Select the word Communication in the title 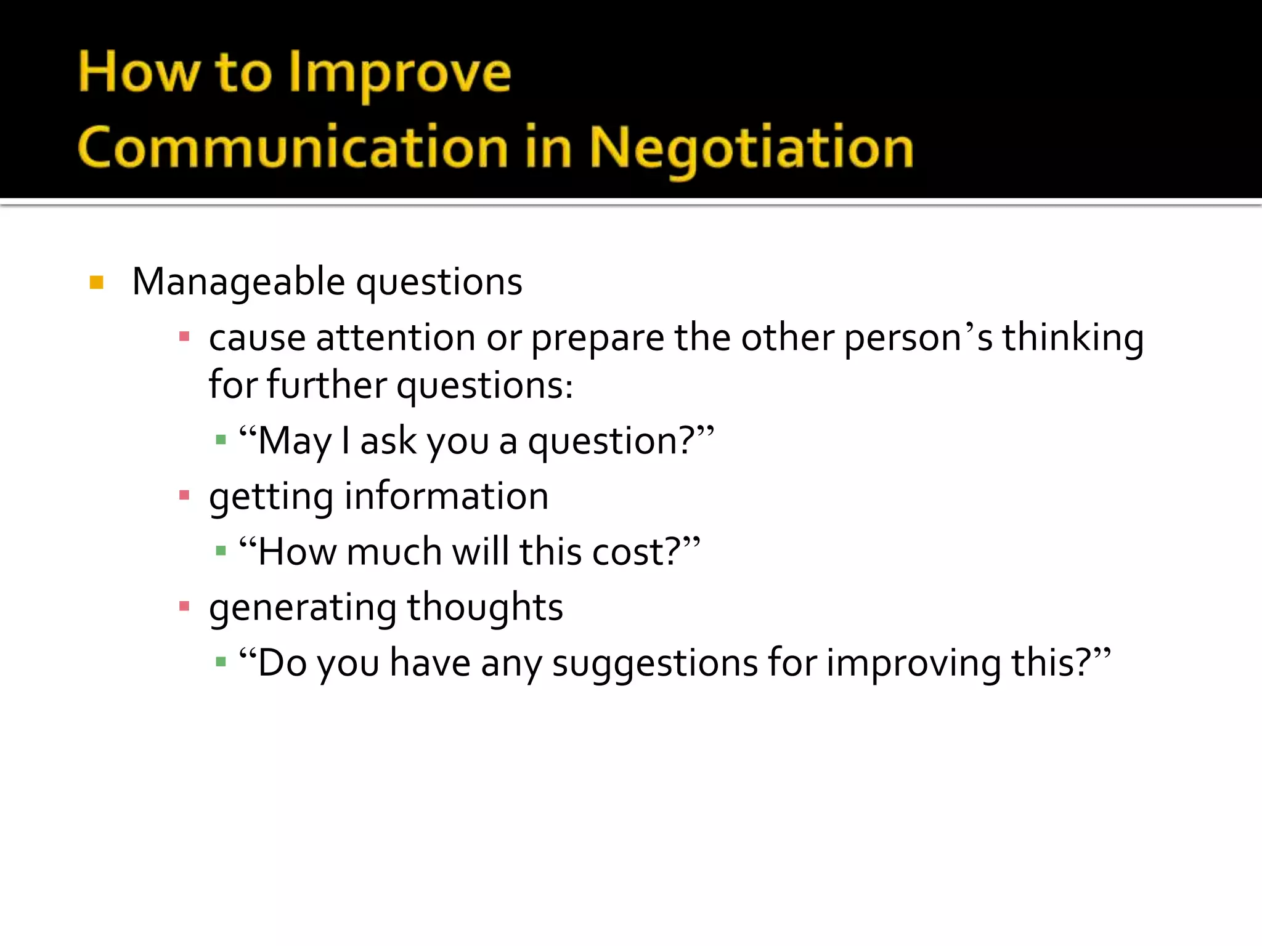293,148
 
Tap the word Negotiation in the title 751,148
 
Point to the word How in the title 139,73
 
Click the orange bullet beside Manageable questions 97,283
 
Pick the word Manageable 238,283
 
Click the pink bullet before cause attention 184,337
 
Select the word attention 396,338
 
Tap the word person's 918,338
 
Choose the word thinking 1073,338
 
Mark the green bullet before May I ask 221,440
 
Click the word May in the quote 294,442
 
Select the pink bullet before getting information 184,495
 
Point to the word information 446,496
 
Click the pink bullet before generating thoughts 184,607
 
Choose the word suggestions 654,664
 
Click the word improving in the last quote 913,664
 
